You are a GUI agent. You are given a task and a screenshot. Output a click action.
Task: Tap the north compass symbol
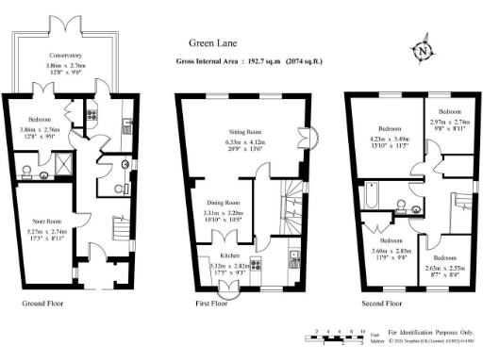coord(423,51)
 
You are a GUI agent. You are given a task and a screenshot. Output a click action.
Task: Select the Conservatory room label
coord(67,56)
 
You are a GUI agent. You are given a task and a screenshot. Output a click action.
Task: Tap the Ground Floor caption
coord(44,304)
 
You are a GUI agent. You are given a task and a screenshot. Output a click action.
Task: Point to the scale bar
coord(335,336)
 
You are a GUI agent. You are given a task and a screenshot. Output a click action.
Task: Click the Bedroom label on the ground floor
coord(40,121)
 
